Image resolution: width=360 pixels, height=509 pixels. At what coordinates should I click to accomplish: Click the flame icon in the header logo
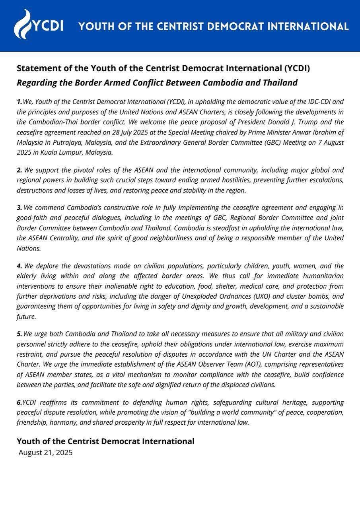[x=23, y=24]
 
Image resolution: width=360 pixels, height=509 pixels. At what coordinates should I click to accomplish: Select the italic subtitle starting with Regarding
[x=157, y=83]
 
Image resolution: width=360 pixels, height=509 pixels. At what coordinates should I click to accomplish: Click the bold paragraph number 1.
[x=19, y=101]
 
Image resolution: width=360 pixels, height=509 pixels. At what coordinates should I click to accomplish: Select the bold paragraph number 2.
[x=19, y=170]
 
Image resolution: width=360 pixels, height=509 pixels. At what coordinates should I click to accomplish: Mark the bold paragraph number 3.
[x=19, y=208]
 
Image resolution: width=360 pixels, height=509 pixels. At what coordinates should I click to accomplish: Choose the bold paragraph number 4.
[x=19, y=266]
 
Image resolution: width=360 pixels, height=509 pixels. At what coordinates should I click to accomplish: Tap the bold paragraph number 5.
[x=19, y=334]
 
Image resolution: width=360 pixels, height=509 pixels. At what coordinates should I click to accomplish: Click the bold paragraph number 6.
[x=19, y=402]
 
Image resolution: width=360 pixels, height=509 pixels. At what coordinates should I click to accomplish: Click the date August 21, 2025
[x=45, y=453]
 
